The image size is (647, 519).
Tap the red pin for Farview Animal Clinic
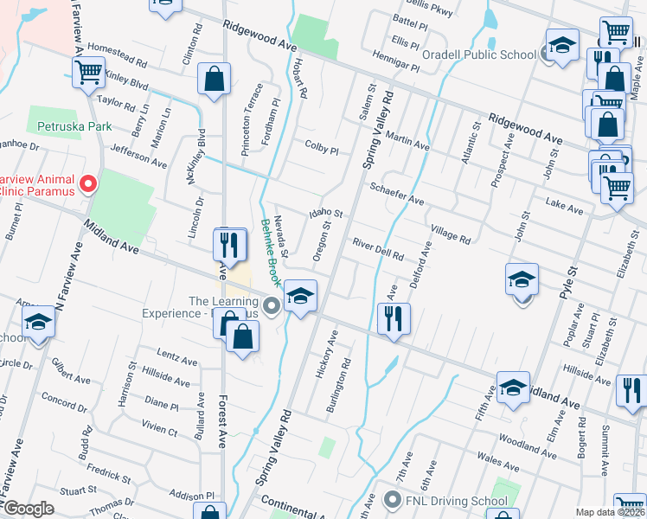click(x=88, y=183)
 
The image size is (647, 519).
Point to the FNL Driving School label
click(x=457, y=500)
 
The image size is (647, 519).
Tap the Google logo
click(x=28, y=509)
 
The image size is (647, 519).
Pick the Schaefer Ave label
click(x=396, y=194)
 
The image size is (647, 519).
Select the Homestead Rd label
click(x=118, y=56)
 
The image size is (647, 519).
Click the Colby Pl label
click(x=322, y=148)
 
